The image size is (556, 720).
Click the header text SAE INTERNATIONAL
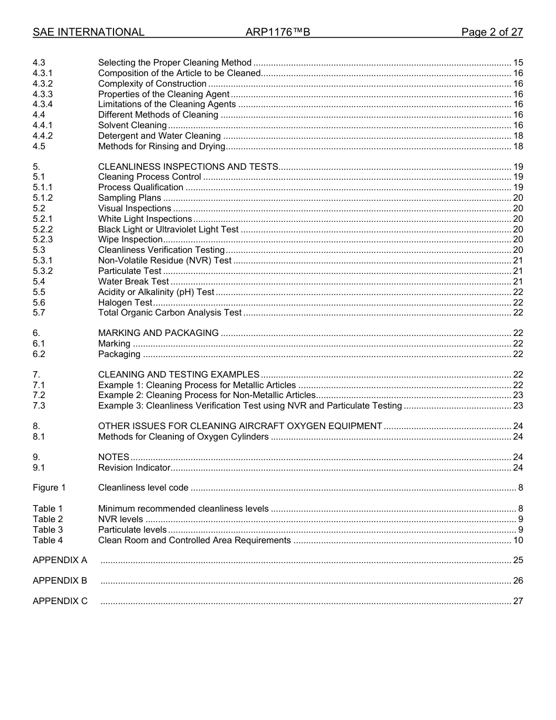coord(88,32)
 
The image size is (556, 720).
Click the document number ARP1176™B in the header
coord(277,32)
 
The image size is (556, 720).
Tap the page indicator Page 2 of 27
coord(492,32)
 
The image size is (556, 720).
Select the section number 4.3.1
coord(43,73)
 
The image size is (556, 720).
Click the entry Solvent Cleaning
coord(132,125)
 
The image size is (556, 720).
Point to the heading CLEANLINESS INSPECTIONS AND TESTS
coord(188,167)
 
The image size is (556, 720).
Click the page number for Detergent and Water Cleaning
coord(518,136)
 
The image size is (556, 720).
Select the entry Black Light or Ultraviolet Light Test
coord(169,229)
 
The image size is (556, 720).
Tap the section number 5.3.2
coord(43,271)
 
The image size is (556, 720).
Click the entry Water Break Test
coord(133,282)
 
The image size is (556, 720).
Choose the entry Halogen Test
coord(125,303)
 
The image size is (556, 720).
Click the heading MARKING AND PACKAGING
coord(159,333)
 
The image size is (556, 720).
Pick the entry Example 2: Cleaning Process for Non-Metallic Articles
coord(207,395)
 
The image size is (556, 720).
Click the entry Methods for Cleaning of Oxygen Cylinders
coord(183,437)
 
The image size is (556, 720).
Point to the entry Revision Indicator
coord(134,468)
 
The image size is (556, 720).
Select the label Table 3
coord(48,530)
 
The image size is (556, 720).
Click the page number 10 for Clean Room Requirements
coord(518,540)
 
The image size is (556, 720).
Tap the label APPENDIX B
coord(60,581)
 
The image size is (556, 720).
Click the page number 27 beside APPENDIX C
coord(518,601)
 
